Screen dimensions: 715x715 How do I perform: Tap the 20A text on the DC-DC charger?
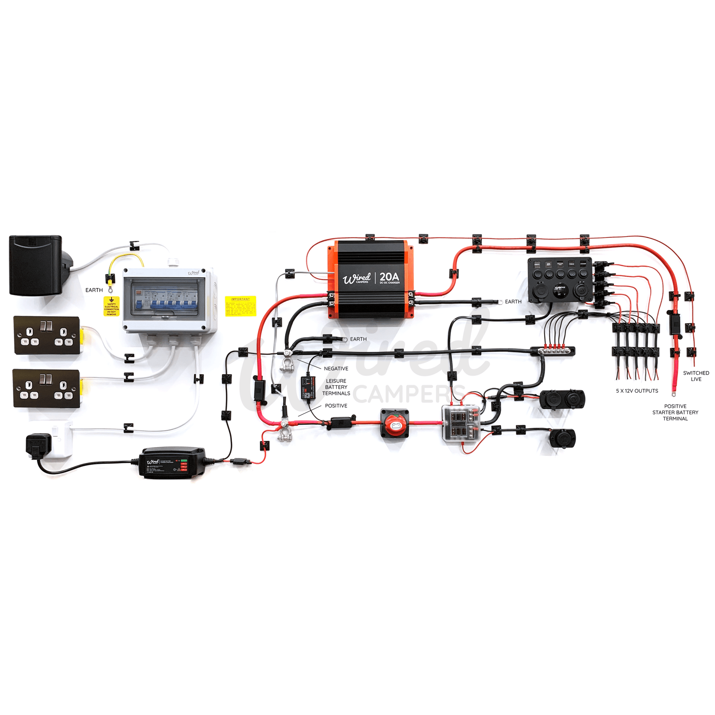click(x=389, y=276)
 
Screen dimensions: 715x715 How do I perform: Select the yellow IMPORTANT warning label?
click(x=241, y=306)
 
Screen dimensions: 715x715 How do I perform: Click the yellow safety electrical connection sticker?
click(x=111, y=306)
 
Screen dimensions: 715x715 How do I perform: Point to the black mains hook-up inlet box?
click(x=36, y=265)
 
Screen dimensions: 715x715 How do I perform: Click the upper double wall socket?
click(x=47, y=335)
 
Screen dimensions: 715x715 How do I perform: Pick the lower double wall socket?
click(x=46, y=389)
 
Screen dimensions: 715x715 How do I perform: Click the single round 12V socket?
click(x=562, y=439)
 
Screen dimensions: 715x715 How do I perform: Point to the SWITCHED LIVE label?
click(x=696, y=376)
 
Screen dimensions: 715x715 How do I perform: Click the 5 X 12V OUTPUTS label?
click(x=637, y=391)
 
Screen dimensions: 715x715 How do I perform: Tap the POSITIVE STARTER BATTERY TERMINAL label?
click(x=675, y=412)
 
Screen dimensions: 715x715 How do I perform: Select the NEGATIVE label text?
click(x=336, y=369)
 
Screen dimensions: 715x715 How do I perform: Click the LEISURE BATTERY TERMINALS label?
click(x=336, y=387)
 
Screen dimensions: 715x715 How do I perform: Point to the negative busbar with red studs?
click(x=553, y=350)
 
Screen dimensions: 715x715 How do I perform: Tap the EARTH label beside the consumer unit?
click(x=94, y=290)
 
